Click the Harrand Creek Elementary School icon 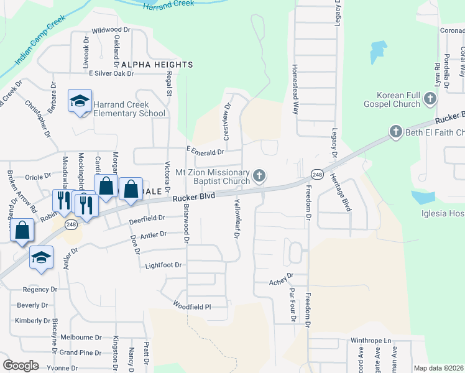pos(80,101)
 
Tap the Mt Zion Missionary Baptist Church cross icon pos(259,177)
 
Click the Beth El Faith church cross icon pos(395,132)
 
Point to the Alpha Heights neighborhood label pos(157,65)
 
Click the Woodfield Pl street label pos(193,306)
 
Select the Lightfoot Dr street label pos(163,265)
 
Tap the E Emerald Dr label pos(205,152)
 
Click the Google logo pos(21,366)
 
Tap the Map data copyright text pos(439,368)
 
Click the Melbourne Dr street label pos(81,338)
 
